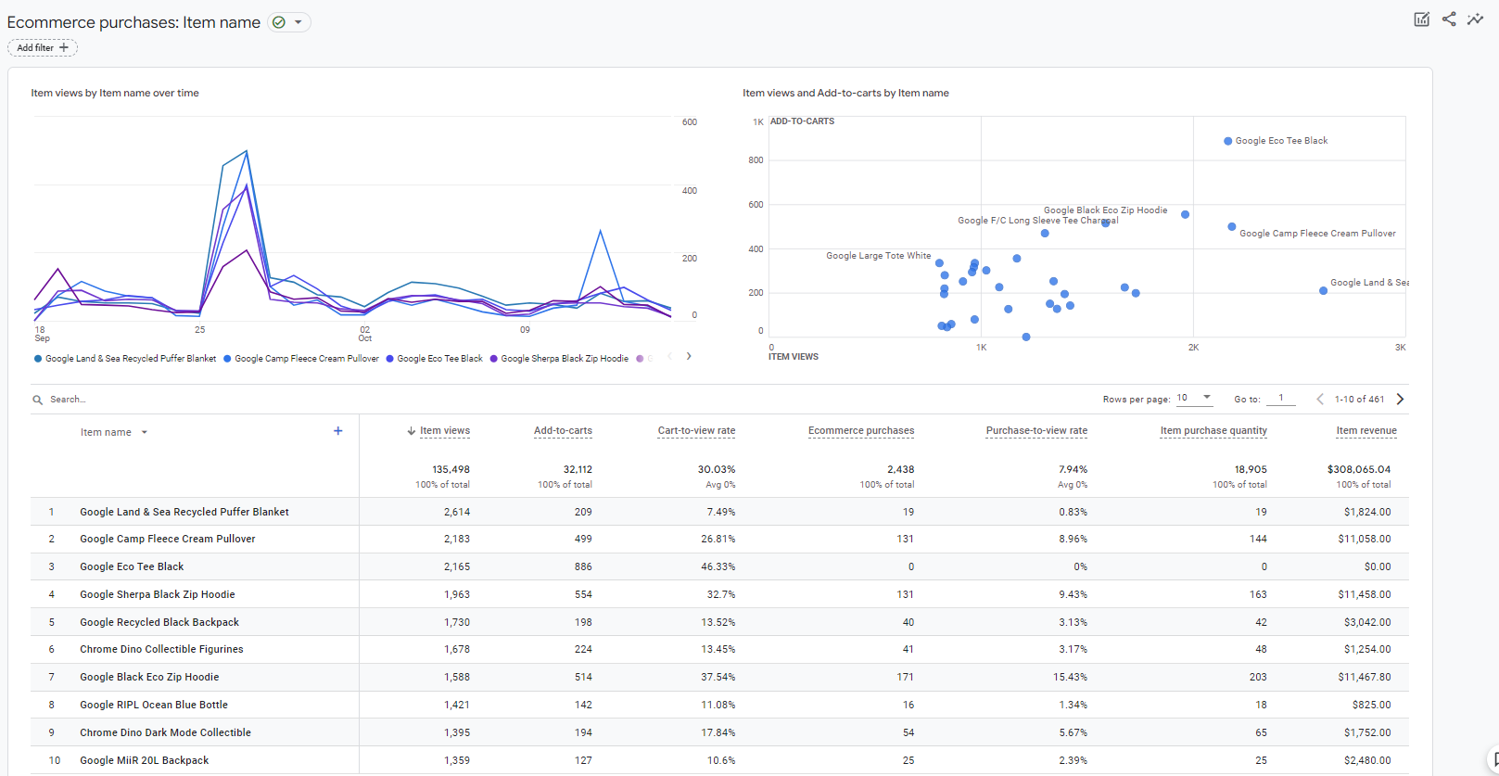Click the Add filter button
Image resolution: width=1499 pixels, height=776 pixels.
(43, 47)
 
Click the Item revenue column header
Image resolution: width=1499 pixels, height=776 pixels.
(1366, 430)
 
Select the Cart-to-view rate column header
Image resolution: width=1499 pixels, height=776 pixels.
(696, 430)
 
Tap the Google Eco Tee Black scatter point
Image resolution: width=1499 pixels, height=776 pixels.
(1227, 141)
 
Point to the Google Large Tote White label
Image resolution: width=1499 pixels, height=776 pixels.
(878, 256)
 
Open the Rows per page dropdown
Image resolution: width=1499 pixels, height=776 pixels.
(1194, 398)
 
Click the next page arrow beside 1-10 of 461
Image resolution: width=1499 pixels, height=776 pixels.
(1400, 399)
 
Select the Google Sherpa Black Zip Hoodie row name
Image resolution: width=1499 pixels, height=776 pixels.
(157, 594)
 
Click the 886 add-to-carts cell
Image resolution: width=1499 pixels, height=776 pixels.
(582, 566)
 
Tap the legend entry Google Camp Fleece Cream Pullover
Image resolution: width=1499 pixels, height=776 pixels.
(306, 359)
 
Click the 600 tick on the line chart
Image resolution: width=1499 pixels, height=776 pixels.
(689, 122)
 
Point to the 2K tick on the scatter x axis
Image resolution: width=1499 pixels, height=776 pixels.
(1193, 348)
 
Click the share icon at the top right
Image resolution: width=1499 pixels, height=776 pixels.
(1449, 19)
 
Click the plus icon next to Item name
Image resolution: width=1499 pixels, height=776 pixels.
(338, 431)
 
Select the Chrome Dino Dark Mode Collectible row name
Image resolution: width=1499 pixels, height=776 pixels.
(165, 732)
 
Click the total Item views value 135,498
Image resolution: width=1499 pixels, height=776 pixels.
(451, 469)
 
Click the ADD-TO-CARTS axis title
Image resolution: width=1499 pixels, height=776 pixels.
(802, 121)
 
